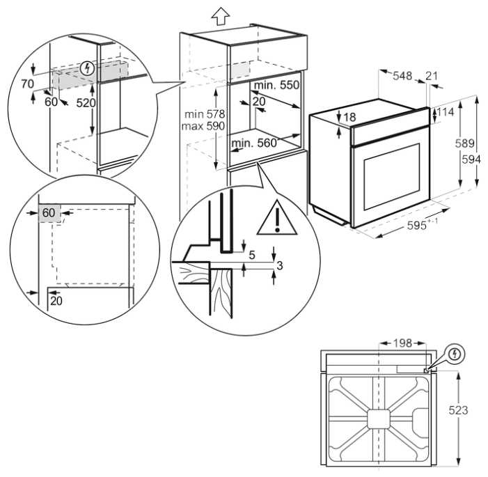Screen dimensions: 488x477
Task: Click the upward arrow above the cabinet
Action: pyautogui.click(x=221, y=16)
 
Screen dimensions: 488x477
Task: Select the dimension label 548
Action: pyautogui.click(x=402, y=76)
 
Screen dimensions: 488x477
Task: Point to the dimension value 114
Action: pyautogui.click(x=446, y=112)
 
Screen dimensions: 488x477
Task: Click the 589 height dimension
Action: pyautogui.click(x=464, y=143)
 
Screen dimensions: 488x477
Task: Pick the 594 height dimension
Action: pyautogui.click(x=471, y=159)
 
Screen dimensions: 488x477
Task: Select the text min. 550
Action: pyautogui.click(x=276, y=85)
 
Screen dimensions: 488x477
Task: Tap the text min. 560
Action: pyautogui.click(x=254, y=143)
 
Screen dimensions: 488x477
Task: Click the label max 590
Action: pyautogui.click(x=203, y=126)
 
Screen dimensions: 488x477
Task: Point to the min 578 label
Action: pyautogui.click(x=205, y=114)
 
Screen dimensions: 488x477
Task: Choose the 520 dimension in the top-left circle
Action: pyautogui.click(x=86, y=103)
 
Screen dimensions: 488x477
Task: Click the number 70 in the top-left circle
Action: pyautogui.click(x=27, y=84)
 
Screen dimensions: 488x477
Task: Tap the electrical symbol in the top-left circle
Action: pyautogui.click(x=88, y=68)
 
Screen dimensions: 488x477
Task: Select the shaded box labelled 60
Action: pyautogui.click(x=49, y=213)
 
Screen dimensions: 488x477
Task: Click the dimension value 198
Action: pyautogui.click(x=402, y=343)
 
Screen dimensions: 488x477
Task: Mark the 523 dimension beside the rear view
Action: pyautogui.click(x=458, y=410)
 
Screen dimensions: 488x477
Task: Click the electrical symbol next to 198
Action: pyautogui.click(x=455, y=354)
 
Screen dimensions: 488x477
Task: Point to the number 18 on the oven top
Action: pyautogui.click(x=350, y=118)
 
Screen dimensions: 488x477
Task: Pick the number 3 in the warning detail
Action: pyautogui.click(x=279, y=265)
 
